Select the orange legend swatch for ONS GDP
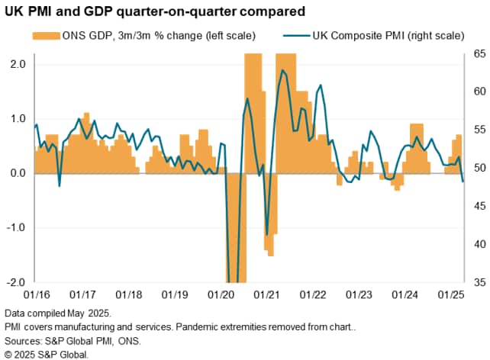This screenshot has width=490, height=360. tap(47, 35)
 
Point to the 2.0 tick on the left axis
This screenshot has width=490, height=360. tap(17, 64)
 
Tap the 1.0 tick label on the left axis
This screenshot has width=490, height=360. tap(17, 119)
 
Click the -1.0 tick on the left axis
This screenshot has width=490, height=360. tap(15, 227)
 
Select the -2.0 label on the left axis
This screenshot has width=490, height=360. tap(15, 281)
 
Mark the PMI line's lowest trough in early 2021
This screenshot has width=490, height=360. tap(266, 234)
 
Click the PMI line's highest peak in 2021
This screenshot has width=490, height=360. tap(283, 70)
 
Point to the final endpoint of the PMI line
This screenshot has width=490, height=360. tap(463, 182)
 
